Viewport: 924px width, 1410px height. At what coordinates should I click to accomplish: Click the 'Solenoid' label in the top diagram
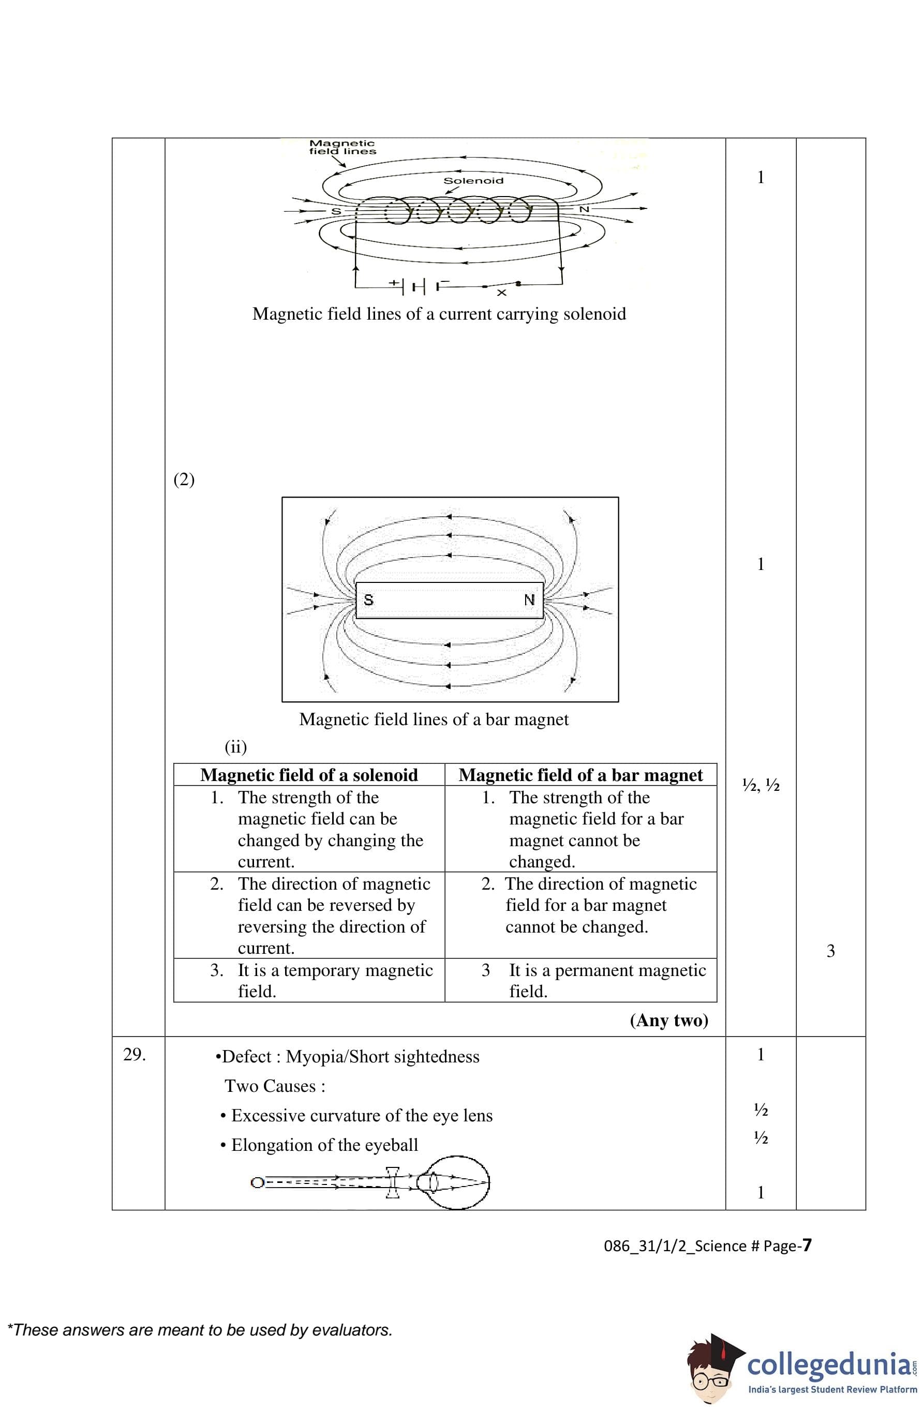tap(473, 181)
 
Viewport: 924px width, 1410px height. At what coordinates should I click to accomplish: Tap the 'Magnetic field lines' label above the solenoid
tap(342, 147)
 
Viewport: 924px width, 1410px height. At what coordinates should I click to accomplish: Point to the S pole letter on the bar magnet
tap(368, 599)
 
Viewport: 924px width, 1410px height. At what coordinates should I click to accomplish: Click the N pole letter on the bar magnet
tap(529, 599)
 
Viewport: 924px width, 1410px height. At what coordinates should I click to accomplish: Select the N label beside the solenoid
tap(584, 209)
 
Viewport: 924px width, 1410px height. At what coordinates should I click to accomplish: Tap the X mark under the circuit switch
tap(501, 293)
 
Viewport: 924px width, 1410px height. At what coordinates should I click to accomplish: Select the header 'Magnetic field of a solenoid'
tap(309, 775)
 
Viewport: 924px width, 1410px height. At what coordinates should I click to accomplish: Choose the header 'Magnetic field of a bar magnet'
tap(580, 775)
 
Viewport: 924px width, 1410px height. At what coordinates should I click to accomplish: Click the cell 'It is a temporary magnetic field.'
tap(335, 981)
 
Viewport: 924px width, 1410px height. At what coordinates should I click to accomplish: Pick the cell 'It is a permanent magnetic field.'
tap(607, 981)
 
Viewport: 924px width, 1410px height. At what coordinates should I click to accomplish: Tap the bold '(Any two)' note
tap(668, 1020)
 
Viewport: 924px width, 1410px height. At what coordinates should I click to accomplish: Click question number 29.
tap(135, 1055)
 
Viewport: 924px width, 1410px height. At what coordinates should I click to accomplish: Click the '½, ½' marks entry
tap(761, 786)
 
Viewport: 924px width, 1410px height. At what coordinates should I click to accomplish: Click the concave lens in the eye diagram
tap(392, 1183)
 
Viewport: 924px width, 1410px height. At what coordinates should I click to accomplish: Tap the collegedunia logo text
tap(829, 1365)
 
